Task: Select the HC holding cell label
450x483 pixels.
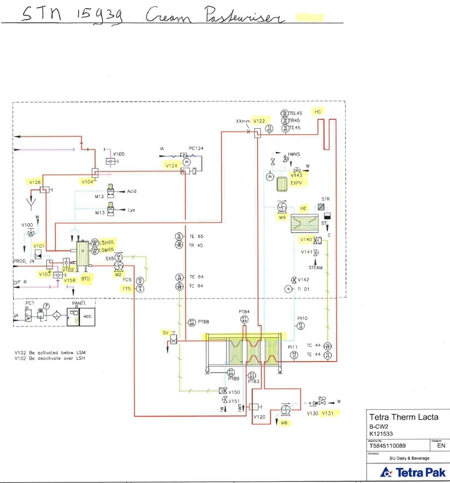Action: pyautogui.click(x=318, y=111)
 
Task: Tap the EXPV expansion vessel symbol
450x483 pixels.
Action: pyautogui.click(x=282, y=183)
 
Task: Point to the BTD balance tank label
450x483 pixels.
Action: pyautogui.click(x=85, y=278)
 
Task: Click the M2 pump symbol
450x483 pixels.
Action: pyautogui.click(x=117, y=265)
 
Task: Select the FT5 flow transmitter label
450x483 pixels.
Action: pyautogui.click(x=126, y=289)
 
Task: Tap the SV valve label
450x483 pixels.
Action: pyautogui.click(x=166, y=332)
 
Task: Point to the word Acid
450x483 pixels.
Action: pyautogui.click(x=132, y=192)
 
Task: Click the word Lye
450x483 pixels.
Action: pyautogui.click(x=131, y=210)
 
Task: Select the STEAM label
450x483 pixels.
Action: pyautogui.click(x=316, y=268)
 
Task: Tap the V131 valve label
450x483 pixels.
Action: pyautogui.click(x=328, y=413)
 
